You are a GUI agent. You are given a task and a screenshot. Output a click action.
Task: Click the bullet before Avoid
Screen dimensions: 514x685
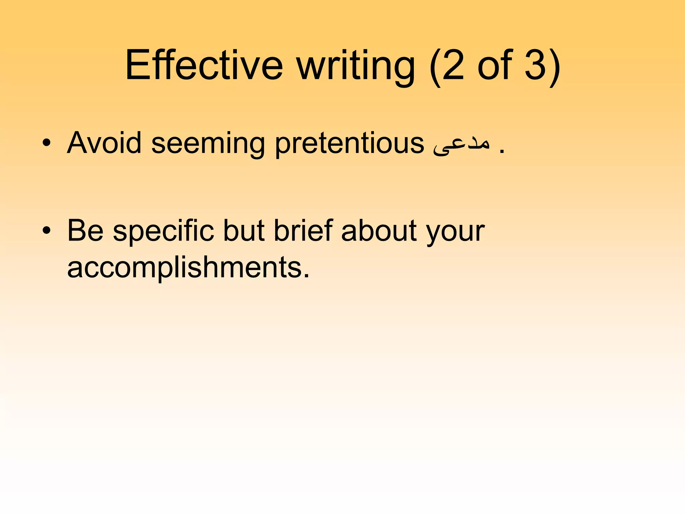coord(46,143)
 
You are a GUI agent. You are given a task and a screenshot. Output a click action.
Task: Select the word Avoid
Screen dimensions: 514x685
coord(104,143)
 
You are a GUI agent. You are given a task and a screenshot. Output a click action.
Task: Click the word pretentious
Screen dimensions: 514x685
coord(349,144)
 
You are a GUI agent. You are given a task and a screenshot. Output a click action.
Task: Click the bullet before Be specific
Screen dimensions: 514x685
coord(46,231)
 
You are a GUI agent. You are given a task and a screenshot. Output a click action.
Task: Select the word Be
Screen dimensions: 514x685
coord(85,231)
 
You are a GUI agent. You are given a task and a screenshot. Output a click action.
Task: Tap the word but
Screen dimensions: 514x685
coord(244,231)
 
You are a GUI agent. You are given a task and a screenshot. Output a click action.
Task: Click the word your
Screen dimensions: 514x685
coord(455,233)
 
